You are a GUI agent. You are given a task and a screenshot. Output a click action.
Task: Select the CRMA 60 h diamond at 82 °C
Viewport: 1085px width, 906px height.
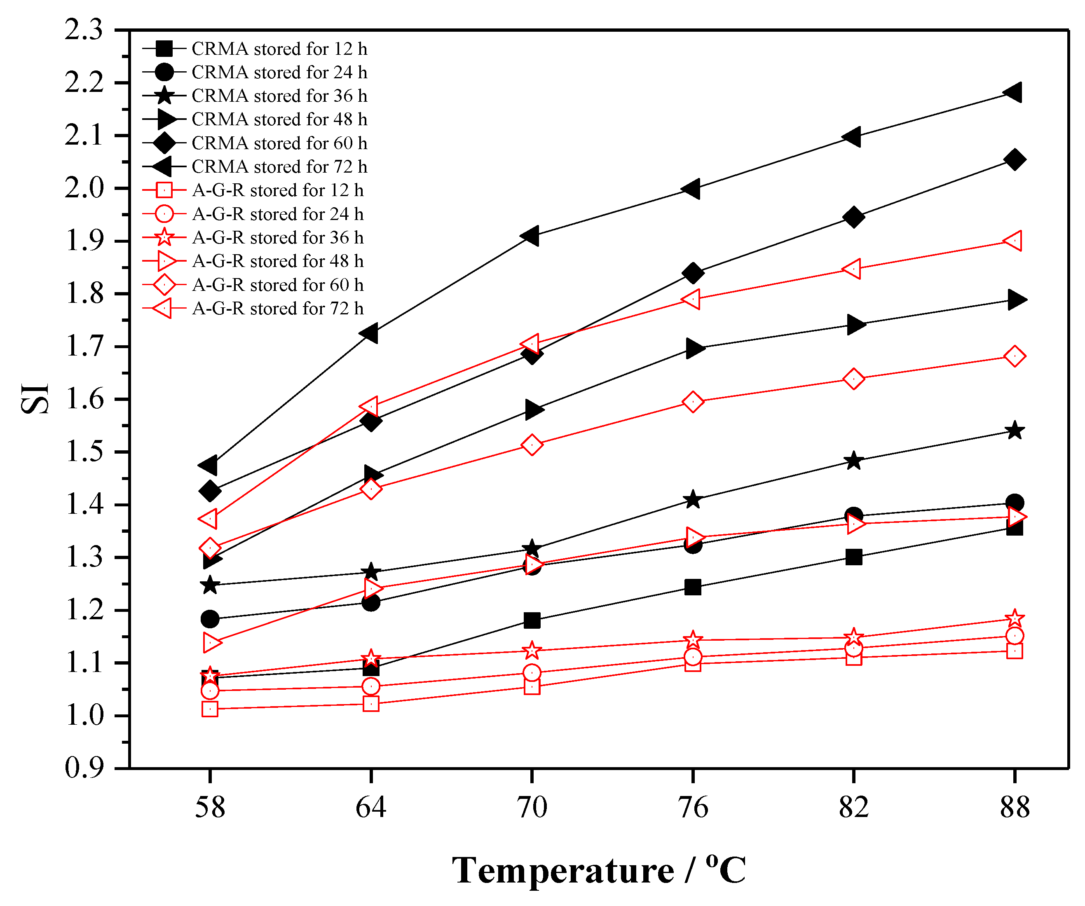[853, 218]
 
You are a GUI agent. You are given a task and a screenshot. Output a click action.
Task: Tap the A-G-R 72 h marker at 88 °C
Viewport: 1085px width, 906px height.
[1013, 241]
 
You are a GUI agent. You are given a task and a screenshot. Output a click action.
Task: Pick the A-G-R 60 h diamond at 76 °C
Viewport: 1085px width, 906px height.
[693, 402]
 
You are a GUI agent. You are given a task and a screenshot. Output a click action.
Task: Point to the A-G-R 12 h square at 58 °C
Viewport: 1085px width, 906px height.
[210, 709]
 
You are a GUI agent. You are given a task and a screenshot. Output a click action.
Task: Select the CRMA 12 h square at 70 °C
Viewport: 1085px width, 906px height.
[532, 620]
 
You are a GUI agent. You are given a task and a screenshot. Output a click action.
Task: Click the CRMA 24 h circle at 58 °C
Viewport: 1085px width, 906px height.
[210, 619]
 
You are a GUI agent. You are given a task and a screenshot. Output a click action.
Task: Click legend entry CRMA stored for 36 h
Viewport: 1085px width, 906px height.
[279, 96]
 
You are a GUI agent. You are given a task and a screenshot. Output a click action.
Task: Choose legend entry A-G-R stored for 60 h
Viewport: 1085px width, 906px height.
[277, 285]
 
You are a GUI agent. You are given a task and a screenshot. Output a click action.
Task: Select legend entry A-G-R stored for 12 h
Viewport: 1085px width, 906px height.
[277, 190]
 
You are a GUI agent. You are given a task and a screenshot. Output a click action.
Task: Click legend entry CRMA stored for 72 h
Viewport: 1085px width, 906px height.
[279, 166]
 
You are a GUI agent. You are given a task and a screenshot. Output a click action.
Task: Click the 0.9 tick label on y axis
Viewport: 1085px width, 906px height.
[84, 768]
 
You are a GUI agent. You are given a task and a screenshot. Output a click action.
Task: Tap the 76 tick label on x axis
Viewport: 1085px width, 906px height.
[693, 808]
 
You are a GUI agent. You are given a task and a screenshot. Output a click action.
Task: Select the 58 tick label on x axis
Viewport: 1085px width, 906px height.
[210, 808]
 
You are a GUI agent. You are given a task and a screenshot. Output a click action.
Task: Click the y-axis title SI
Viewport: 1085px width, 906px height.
[35, 398]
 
